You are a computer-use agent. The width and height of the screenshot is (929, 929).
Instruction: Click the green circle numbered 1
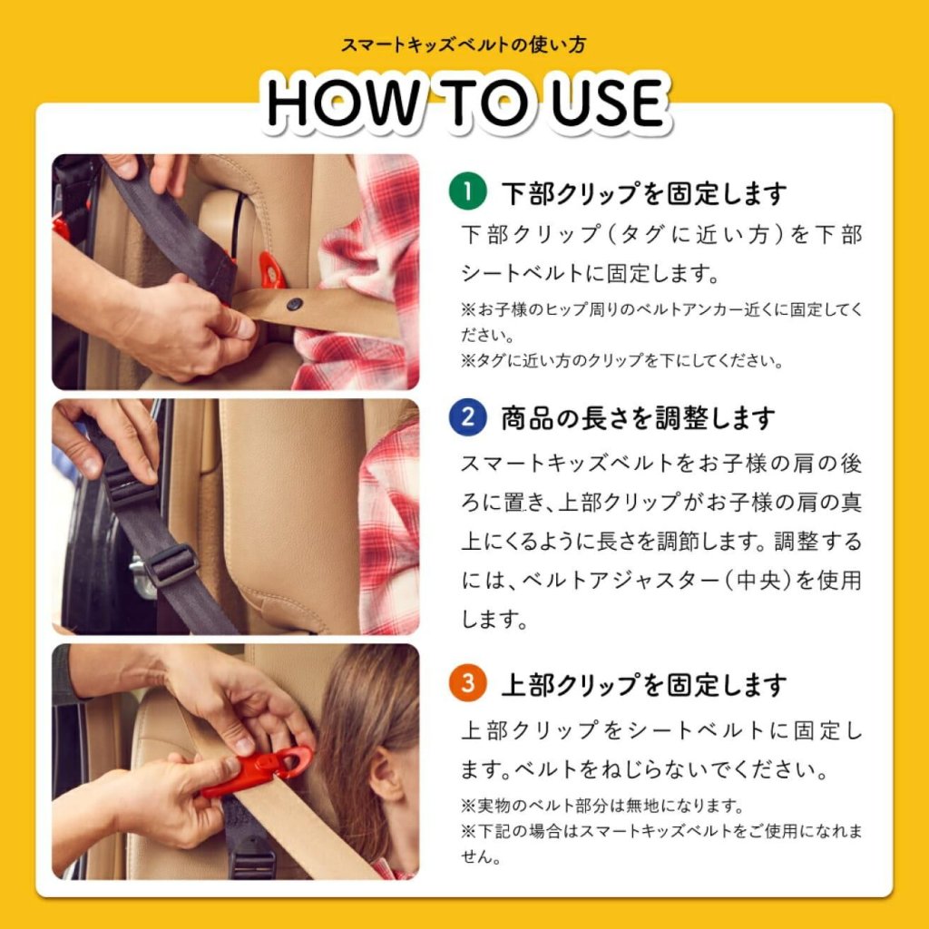[467, 191]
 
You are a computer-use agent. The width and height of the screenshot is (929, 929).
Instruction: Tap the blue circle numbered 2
[467, 417]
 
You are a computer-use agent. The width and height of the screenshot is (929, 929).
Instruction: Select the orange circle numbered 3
[467, 682]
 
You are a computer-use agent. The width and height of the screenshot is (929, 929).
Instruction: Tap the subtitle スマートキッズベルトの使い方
[464, 45]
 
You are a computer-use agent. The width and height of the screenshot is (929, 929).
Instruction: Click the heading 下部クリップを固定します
[644, 193]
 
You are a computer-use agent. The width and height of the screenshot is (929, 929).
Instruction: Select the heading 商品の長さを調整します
[638, 418]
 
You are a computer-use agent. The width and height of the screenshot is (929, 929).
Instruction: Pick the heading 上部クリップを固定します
[644, 685]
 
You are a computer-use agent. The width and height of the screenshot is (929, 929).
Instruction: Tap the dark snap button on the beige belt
[295, 304]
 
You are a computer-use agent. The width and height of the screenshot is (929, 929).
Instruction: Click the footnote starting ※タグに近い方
[621, 361]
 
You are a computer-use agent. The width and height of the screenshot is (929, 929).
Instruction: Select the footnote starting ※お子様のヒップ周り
[661, 322]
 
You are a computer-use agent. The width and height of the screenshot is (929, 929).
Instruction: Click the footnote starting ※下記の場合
[661, 844]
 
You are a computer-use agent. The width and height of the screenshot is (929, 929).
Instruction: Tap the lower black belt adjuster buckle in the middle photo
[171, 564]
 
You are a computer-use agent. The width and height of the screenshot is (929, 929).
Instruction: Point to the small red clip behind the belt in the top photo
[271, 270]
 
